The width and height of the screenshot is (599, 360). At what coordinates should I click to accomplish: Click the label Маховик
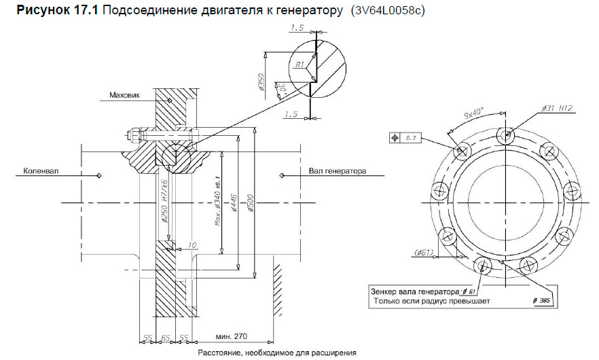[124, 95]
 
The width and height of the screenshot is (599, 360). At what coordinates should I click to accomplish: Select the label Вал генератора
[338, 171]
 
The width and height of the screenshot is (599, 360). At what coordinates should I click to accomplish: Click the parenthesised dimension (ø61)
[424, 254]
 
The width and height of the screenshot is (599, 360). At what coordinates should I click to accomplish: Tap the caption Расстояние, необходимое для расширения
[277, 353]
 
